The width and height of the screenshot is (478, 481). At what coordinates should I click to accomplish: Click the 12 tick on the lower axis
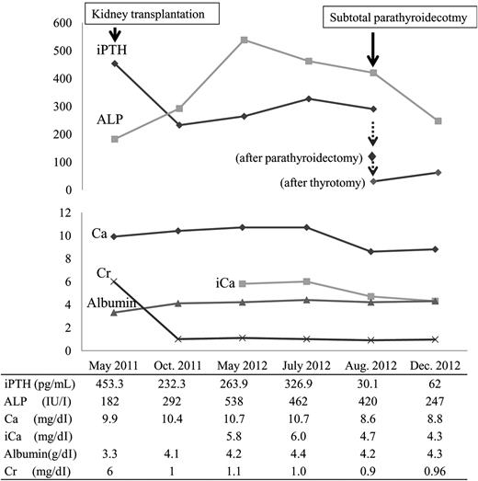(66, 212)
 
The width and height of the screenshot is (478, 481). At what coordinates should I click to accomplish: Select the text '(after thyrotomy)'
(322, 182)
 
